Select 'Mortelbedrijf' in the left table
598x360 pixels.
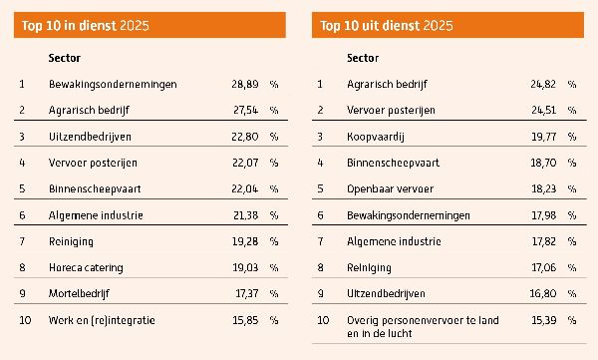[80, 293]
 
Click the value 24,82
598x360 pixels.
[543, 84]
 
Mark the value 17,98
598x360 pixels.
[543, 214]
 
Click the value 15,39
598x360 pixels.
[543, 320]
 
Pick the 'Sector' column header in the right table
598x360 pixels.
[363, 58]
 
